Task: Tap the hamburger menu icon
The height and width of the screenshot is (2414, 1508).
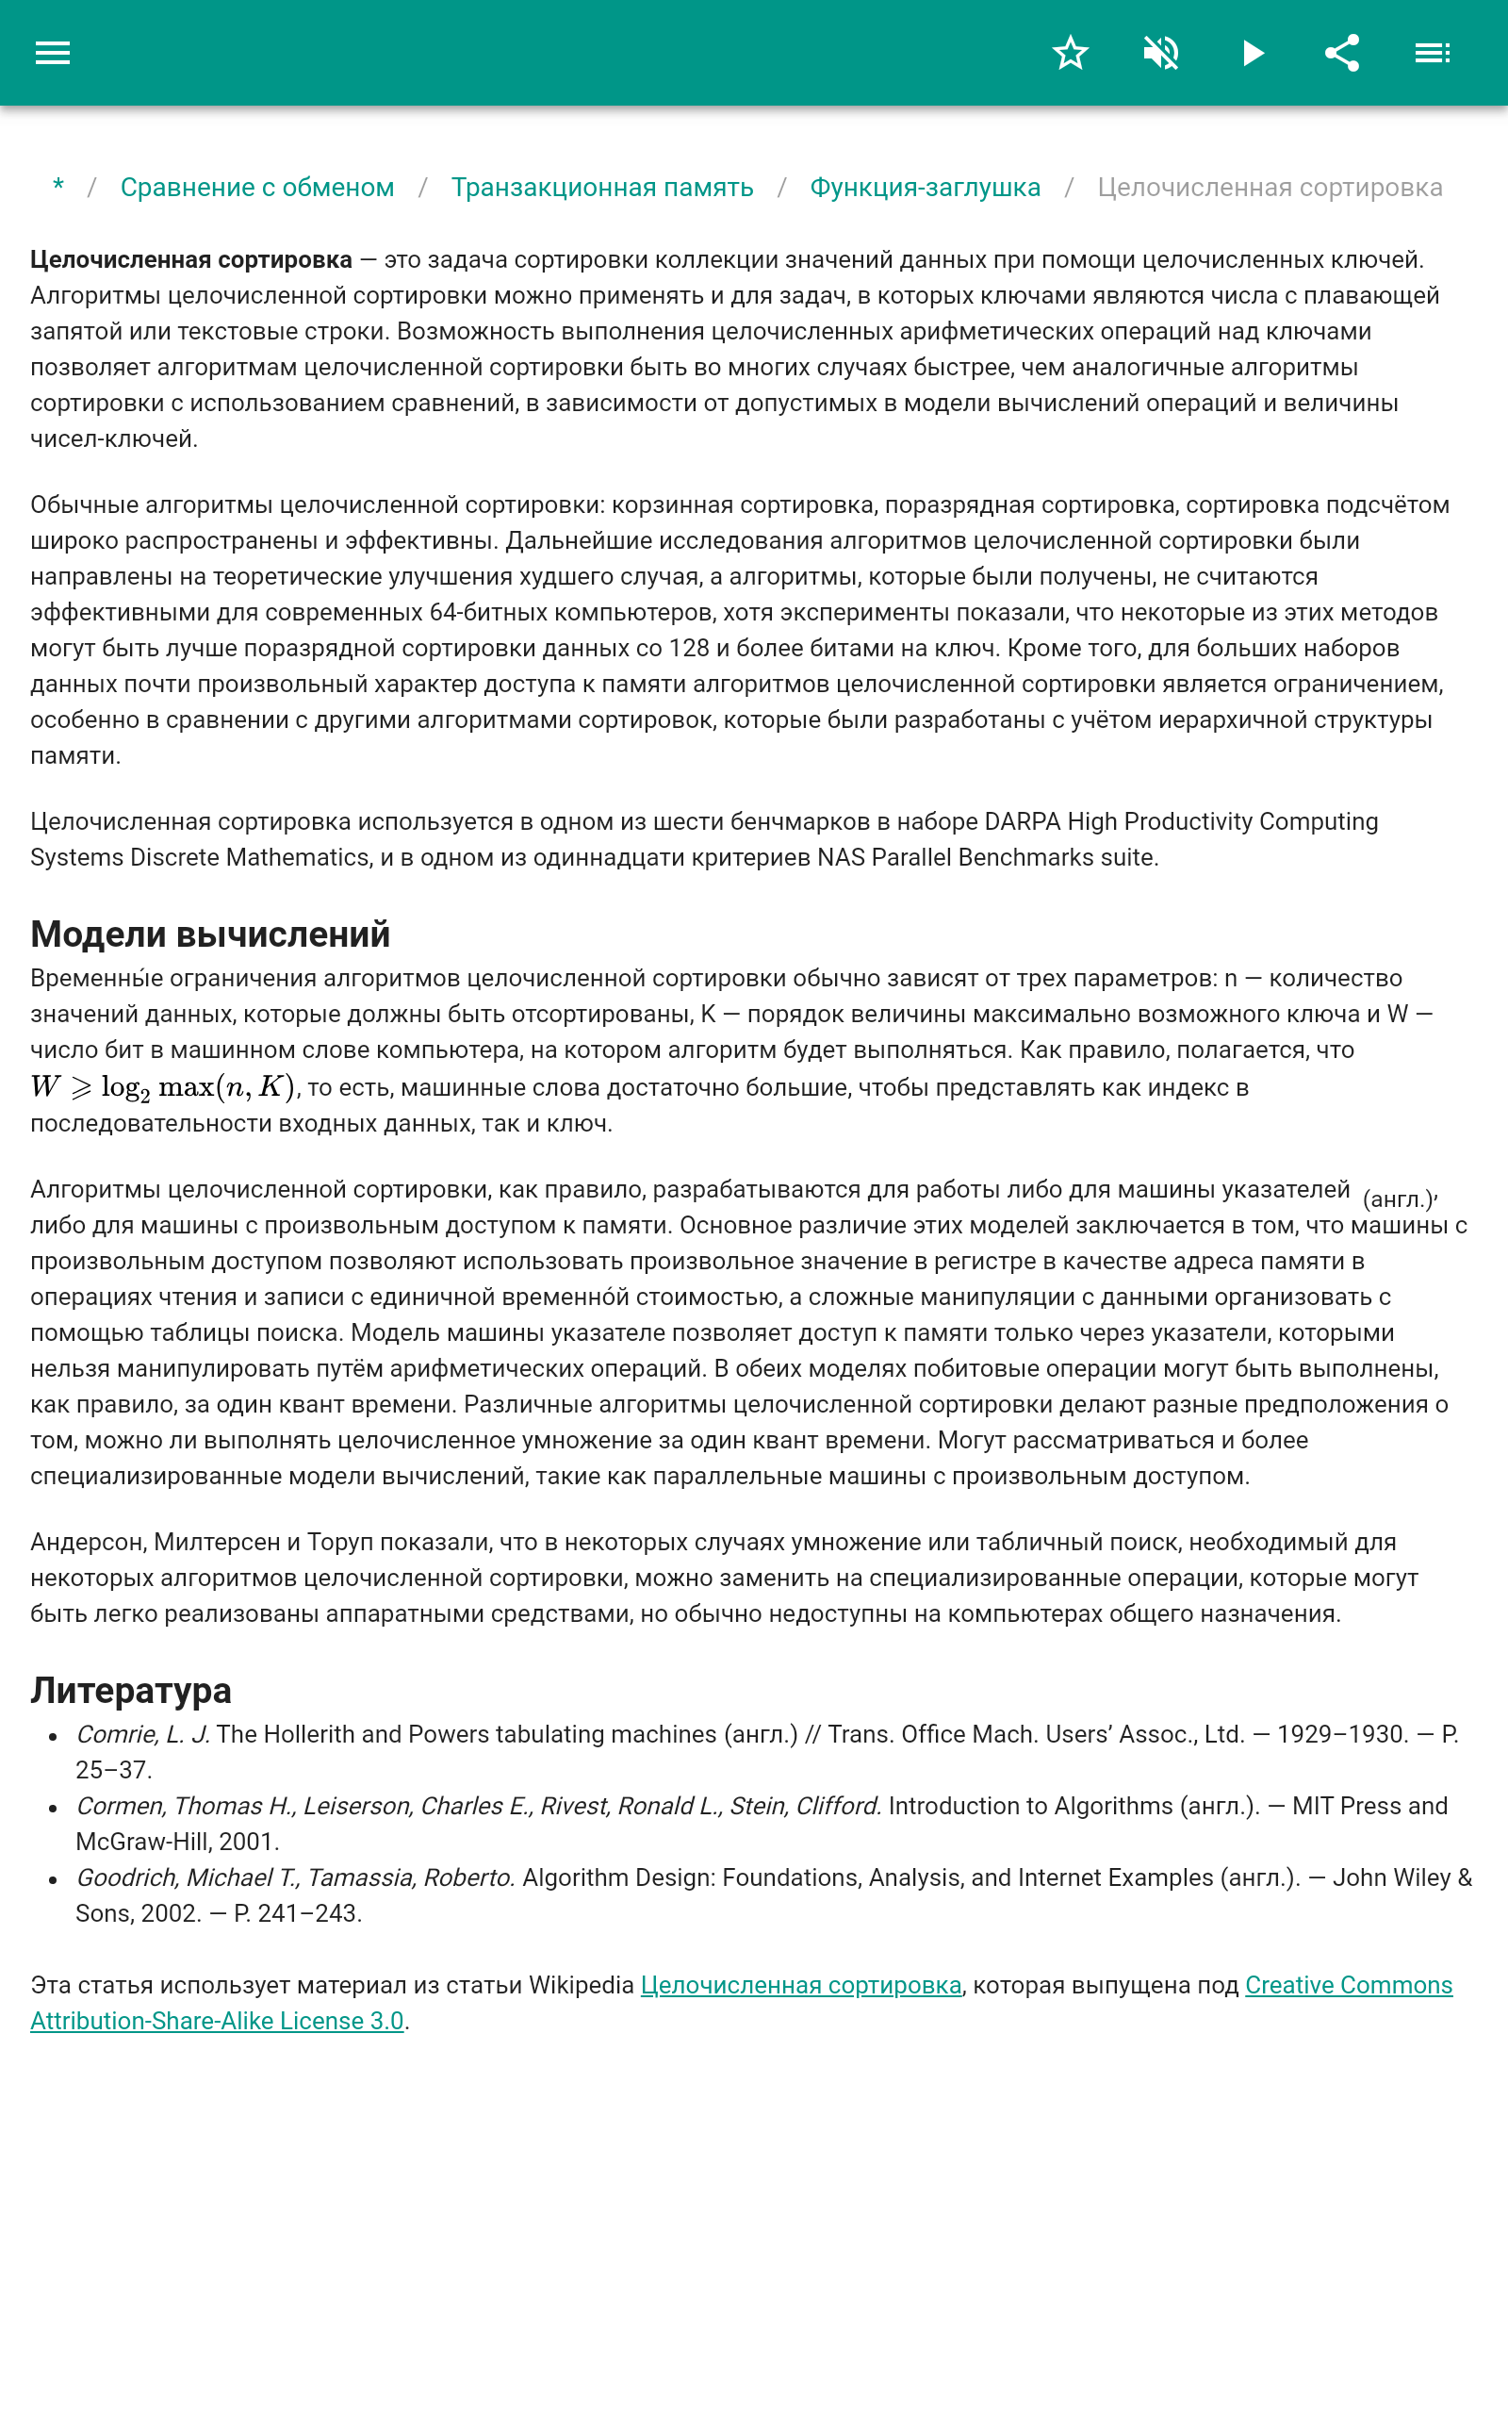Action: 53,53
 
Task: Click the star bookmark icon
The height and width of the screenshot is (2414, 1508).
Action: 1070,53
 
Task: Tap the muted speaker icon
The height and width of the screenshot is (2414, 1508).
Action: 1161,53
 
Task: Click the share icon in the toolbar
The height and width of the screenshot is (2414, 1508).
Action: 1342,53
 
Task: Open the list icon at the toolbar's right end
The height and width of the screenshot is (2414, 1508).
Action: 1433,53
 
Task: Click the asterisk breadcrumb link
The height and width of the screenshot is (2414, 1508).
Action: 58,188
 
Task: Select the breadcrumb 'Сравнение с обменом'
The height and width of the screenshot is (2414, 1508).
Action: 257,188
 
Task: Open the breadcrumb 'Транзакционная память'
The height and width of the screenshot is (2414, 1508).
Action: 601,188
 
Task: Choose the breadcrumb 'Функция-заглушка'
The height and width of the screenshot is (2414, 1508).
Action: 925,188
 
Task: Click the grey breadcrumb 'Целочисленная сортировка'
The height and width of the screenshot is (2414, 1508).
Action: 1269,188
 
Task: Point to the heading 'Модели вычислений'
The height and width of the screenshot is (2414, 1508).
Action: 210,934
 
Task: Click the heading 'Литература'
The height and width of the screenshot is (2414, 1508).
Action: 131,1690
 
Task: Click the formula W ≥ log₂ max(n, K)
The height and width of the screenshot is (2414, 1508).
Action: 162,1087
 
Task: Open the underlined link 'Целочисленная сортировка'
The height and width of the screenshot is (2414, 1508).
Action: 801,1985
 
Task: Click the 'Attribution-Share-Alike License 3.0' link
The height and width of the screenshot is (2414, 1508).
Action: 217,2021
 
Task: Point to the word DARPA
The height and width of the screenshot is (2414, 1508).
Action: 1023,822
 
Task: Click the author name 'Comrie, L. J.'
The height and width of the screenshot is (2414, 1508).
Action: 142,1734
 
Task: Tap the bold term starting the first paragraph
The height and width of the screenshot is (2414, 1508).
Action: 190,260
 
